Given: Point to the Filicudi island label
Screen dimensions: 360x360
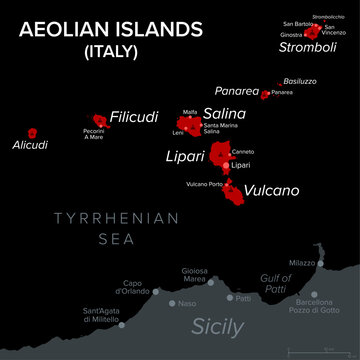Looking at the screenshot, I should [x=134, y=116].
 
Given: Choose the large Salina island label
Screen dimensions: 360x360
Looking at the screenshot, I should [x=225, y=114].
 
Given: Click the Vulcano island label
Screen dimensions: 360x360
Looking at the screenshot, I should [x=271, y=189].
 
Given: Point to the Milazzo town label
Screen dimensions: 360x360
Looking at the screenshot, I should [x=300, y=263].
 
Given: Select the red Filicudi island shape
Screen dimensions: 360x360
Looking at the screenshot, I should [x=98, y=120].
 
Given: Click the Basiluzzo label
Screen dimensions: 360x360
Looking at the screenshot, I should [x=299, y=80].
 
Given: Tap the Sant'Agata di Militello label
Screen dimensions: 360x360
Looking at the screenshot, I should [x=100, y=314].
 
